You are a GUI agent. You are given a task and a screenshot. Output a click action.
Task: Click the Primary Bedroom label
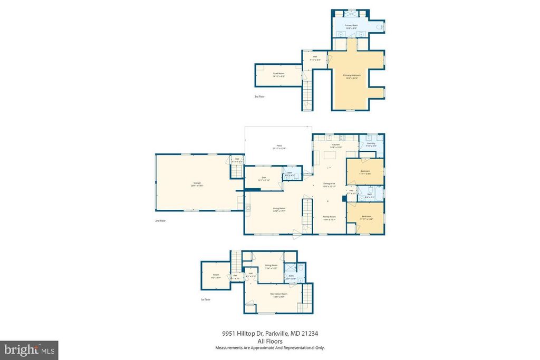(352, 75)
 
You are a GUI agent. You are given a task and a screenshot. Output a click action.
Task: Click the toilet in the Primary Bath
(381, 26)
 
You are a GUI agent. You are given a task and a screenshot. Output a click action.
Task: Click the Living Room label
(279, 209)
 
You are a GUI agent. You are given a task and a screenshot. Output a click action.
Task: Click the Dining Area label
(329, 184)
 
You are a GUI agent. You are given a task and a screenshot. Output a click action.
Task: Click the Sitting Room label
(271, 266)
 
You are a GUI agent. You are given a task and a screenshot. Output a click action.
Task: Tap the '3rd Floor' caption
(259, 97)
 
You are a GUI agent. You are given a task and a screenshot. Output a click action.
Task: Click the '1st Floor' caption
(206, 299)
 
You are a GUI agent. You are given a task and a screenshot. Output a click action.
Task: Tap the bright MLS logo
(29, 350)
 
